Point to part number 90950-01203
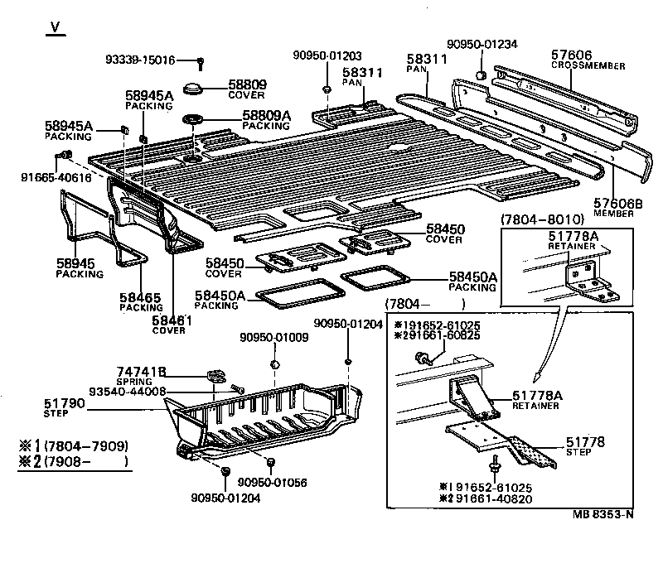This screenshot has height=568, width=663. (x=327, y=55)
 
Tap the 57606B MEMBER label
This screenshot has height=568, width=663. (x=613, y=207)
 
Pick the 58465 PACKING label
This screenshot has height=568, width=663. (x=141, y=301)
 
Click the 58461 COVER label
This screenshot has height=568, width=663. (x=169, y=324)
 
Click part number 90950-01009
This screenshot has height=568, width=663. (x=274, y=337)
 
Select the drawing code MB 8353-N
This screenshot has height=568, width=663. (x=602, y=513)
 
